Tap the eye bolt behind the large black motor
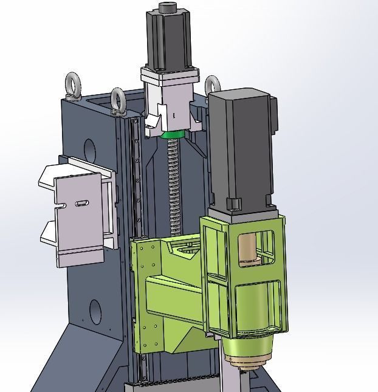coord(211,84)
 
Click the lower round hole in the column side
coord(95,311)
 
